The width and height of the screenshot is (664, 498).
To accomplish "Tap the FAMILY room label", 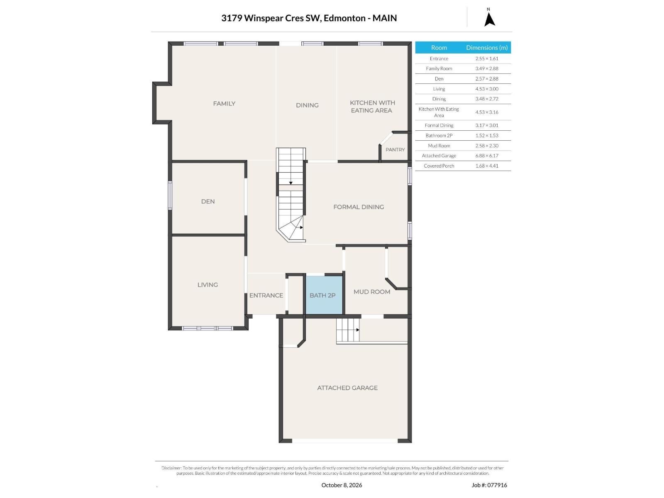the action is click(x=224, y=103).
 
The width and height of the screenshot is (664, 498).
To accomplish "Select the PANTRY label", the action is click(x=395, y=149).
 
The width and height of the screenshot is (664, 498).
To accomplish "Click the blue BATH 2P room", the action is click(x=324, y=295).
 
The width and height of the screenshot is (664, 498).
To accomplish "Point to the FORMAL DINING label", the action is click(x=359, y=207).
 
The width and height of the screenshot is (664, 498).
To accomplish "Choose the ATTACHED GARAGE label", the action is click(x=347, y=388).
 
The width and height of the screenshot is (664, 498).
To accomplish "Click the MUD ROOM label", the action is click(x=372, y=291).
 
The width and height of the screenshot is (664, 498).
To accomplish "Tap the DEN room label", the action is click(x=208, y=201).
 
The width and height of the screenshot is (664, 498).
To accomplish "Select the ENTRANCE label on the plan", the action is click(x=266, y=295).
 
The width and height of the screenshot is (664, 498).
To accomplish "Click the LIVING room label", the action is click(x=207, y=285).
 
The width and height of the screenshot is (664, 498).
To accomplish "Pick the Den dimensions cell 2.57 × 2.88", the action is click(x=486, y=78).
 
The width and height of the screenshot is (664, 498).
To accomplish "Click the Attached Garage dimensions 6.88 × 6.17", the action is click(x=486, y=156).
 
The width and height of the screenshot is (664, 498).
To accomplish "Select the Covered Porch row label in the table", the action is click(x=439, y=166).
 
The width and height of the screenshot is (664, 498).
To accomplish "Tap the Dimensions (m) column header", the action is click(x=486, y=47).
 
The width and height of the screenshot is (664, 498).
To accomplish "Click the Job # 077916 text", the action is click(x=489, y=485).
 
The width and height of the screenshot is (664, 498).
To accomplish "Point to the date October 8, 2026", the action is click(x=342, y=485).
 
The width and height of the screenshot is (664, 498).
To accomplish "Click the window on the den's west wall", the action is click(x=170, y=195).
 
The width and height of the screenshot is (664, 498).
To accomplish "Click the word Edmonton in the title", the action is click(x=344, y=18).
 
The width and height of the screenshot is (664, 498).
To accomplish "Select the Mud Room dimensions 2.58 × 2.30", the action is click(x=486, y=145).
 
